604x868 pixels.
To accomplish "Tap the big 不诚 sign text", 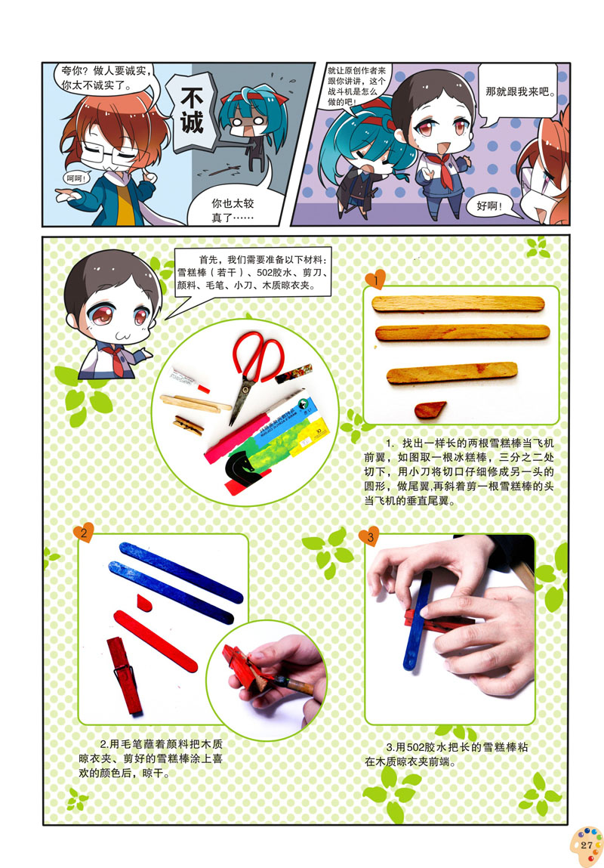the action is point(192,112).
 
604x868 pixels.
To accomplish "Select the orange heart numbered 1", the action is point(375,280).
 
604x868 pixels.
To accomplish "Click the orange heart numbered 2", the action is point(84,533).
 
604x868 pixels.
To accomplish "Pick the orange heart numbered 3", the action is point(369,536).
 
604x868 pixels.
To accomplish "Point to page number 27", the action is point(587,845).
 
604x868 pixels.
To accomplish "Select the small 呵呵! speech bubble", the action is point(76,178).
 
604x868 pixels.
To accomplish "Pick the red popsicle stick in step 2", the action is point(156,641).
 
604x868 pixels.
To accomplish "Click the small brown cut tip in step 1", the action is point(430,409).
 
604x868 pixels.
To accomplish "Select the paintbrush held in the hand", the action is point(288,683).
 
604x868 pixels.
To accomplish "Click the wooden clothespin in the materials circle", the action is point(188,425).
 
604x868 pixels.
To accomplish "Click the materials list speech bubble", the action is point(254,273).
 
